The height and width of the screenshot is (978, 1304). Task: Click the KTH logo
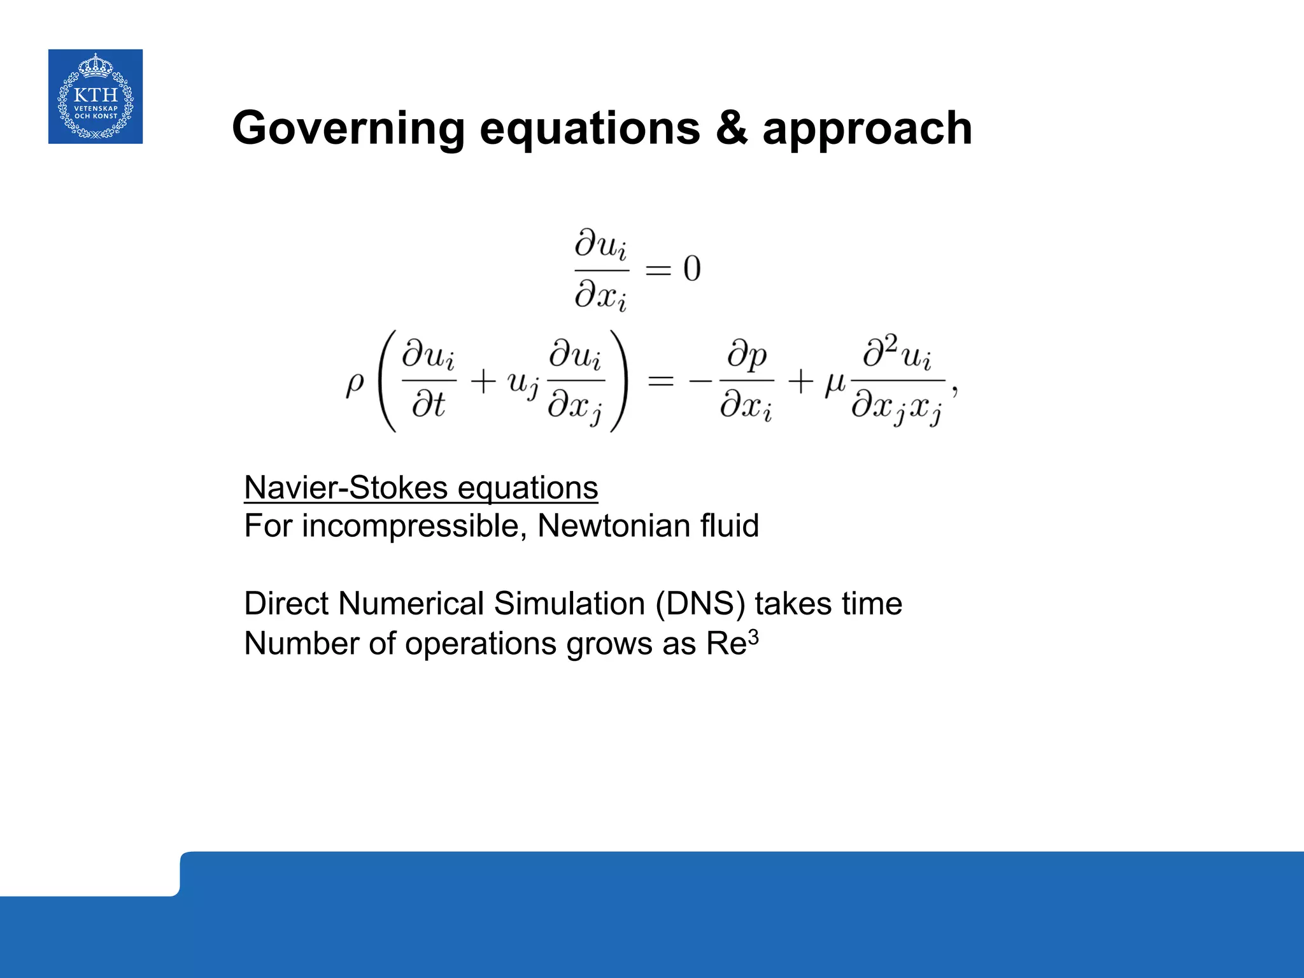pos(96,96)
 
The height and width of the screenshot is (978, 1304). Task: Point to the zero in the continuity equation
pos(692,269)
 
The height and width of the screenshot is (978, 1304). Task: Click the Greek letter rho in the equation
pos(355,384)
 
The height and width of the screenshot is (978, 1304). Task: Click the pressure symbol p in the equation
pos(756,358)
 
